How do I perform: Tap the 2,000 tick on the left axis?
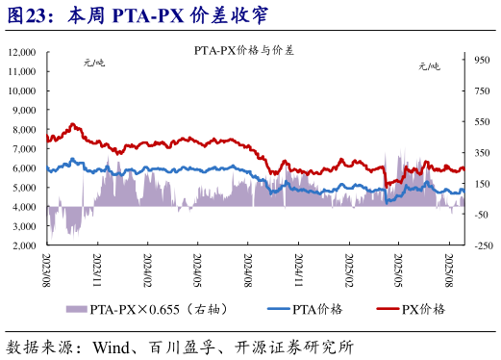pyautogui.click(x=25, y=245)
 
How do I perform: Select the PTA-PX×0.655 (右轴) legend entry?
pyautogui.click(x=163, y=308)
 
